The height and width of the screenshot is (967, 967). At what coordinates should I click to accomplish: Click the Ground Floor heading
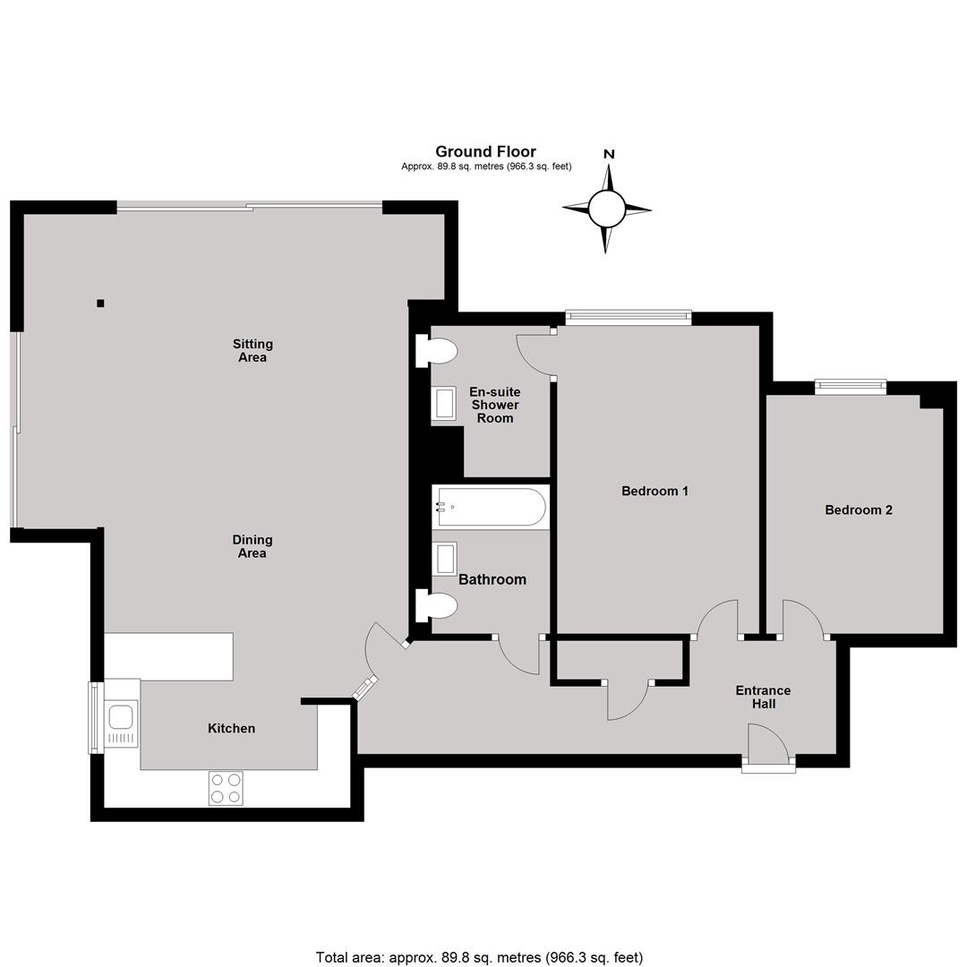(x=485, y=151)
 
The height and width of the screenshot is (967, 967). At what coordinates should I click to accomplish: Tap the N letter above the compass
(x=609, y=154)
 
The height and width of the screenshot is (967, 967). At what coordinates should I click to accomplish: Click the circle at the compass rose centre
(x=607, y=209)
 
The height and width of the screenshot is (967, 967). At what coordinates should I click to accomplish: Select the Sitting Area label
(x=252, y=350)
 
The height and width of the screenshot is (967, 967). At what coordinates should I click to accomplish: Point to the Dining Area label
(x=252, y=546)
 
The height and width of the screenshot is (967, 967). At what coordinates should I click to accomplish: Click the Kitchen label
(x=231, y=728)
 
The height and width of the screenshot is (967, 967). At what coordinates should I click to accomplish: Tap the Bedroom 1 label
(x=655, y=491)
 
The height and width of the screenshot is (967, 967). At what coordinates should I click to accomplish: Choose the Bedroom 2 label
(x=859, y=510)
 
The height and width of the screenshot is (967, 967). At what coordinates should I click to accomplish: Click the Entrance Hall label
(x=763, y=697)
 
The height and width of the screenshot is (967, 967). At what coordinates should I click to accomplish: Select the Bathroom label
(x=492, y=579)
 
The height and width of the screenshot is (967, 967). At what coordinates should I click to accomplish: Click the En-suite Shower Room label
(x=494, y=406)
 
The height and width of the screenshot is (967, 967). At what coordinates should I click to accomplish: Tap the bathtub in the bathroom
(x=491, y=507)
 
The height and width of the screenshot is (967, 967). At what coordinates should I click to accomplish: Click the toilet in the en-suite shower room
(x=436, y=352)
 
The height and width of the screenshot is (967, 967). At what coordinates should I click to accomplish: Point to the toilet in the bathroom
(x=436, y=605)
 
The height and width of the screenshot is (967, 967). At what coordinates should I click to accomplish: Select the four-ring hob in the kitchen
(x=226, y=788)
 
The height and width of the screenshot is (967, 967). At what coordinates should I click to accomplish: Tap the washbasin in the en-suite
(x=444, y=403)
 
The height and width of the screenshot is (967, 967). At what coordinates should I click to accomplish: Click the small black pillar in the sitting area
(x=100, y=303)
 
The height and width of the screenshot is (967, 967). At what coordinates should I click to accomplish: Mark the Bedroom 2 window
(x=851, y=387)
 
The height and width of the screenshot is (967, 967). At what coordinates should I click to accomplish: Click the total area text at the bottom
(x=479, y=957)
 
